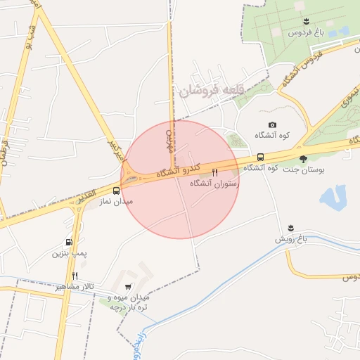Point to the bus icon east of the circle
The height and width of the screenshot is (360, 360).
(261, 157)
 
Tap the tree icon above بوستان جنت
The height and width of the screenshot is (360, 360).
(304, 158)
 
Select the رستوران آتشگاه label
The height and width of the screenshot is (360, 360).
(214, 183)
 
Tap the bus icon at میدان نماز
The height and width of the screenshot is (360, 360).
(116, 190)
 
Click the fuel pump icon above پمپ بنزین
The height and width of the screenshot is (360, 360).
(68, 242)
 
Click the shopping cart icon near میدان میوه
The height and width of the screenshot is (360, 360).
(127, 286)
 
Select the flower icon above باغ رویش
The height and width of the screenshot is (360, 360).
(290, 227)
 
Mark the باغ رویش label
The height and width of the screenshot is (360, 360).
(292, 239)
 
